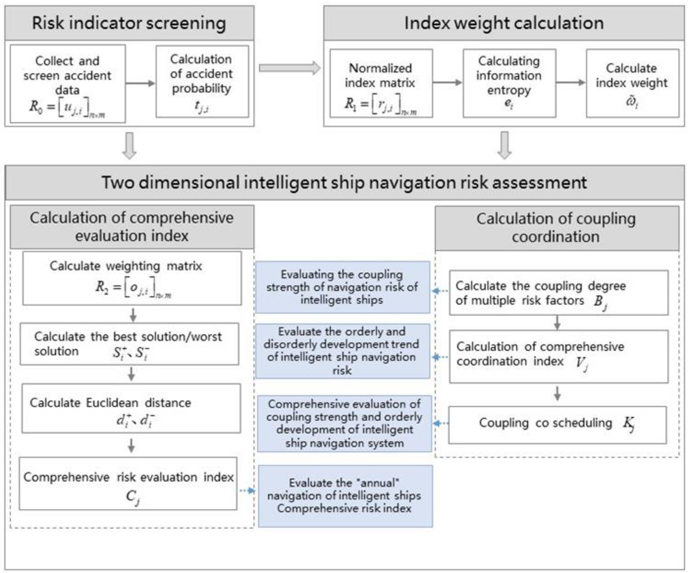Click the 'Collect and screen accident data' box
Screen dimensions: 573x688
click(x=68, y=83)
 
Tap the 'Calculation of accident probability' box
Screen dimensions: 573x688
click(x=202, y=82)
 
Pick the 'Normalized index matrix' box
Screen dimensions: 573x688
click(x=381, y=83)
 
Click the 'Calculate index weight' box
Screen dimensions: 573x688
click(x=632, y=83)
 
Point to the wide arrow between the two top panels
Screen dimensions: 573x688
click(x=289, y=68)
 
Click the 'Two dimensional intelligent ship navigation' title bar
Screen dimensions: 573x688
click(x=344, y=182)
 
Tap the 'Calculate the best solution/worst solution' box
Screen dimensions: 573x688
click(x=129, y=344)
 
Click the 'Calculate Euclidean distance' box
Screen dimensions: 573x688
click(x=131, y=408)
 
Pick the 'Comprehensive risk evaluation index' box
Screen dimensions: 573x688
click(x=128, y=483)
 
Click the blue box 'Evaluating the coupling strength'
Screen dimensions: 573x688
click(x=342, y=287)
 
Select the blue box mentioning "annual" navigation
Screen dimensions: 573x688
click(x=345, y=496)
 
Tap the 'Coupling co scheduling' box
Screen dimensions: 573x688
click(x=557, y=425)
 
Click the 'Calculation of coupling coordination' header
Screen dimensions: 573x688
click(x=556, y=228)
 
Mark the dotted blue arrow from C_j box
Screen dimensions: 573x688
click(x=247, y=490)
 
